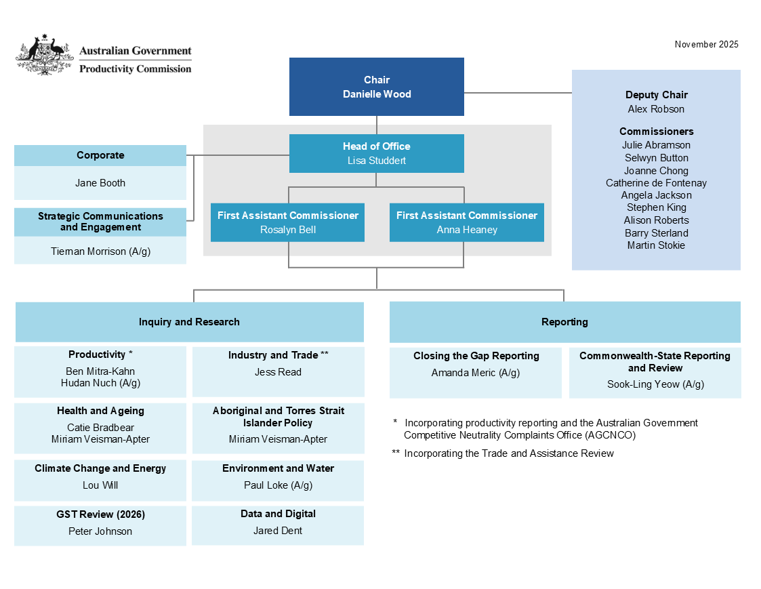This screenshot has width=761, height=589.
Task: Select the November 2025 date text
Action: pyautogui.click(x=706, y=44)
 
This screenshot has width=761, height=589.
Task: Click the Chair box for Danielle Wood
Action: pyautogui.click(x=376, y=87)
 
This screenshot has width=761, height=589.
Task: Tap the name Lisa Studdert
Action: pyautogui.click(x=376, y=161)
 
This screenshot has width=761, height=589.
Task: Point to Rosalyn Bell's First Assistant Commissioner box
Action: pyautogui.click(x=287, y=222)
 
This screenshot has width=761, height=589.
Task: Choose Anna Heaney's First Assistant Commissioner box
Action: pyautogui.click(x=466, y=222)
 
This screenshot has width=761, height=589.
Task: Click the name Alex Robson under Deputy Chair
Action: pyautogui.click(x=656, y=109)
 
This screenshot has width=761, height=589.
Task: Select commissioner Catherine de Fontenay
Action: pyautogui.click(x=656, y=183)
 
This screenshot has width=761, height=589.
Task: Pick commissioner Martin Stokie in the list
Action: pyautogui.click(x=656, y=245)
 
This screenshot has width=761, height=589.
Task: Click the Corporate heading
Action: pyautogui.click(x=100, y=155)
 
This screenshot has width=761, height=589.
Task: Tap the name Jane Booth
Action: pyautogui.click(x=100, y=183)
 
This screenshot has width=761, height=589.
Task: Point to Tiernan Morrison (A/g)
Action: pyautogui.click(x=100, y=251)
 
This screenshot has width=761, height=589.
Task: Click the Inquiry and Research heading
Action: pyautogui.click(x=189, y=322)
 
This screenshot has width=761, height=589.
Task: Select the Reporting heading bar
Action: pyautogui.click(x=564, y=322)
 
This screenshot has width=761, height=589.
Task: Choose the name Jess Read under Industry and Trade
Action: pyautogui.click(x=278, y=372)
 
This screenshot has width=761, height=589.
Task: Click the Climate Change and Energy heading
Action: pyautogui.click(x=100, y=468)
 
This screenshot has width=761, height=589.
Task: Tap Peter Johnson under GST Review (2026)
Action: pyautogui.click(x=100, y=531)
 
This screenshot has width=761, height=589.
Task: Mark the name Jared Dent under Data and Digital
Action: pyautogui.click(x=278, y=531)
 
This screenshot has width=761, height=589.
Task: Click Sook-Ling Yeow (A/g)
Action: pyautogui.click(x=655, y=384)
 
